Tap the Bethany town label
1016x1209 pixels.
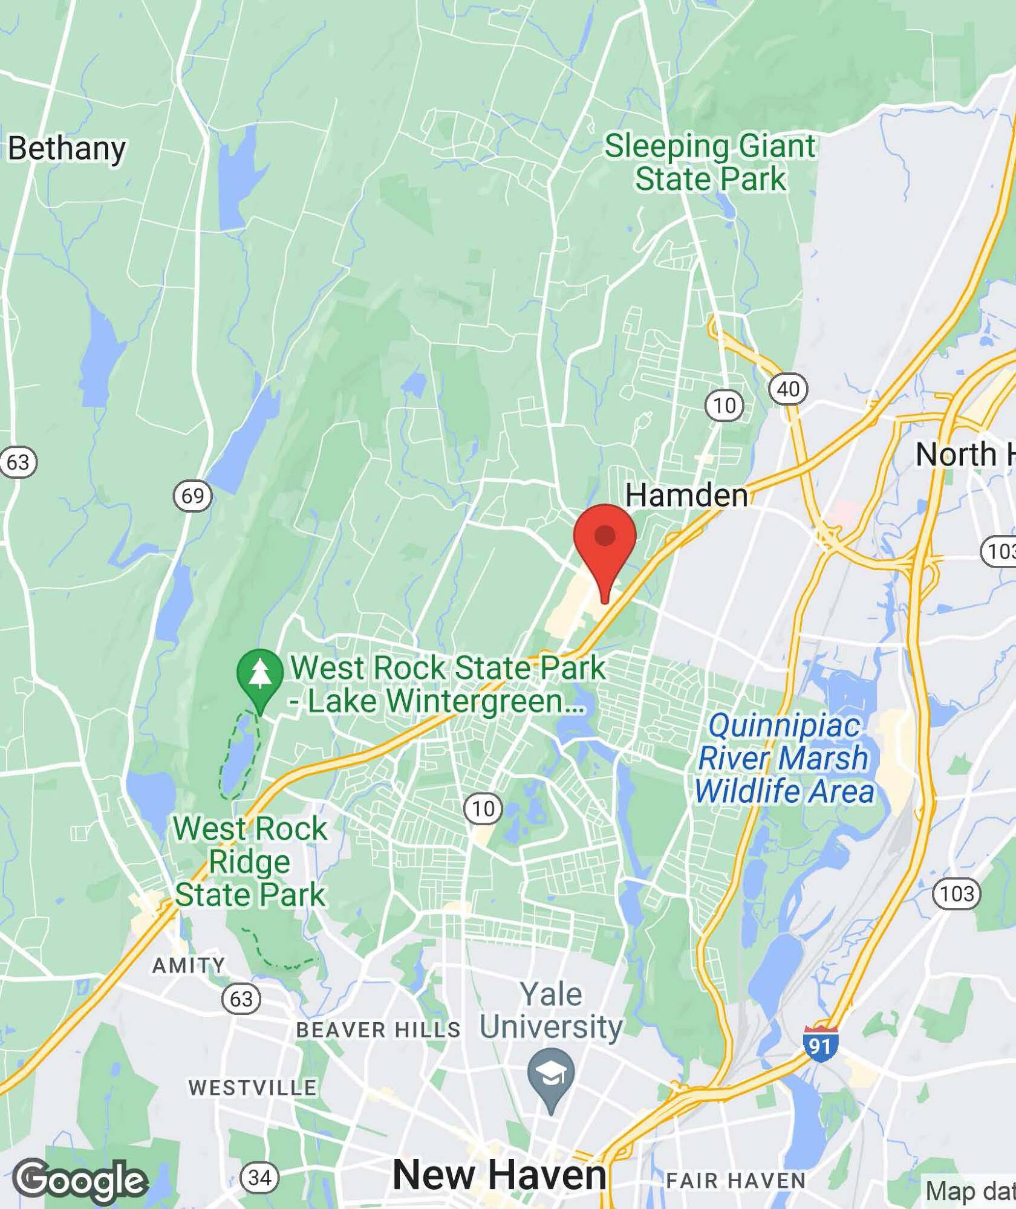(x=67, y=148)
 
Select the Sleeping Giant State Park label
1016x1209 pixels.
(x=710, y=163)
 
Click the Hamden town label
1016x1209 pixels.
(x=686, y=495)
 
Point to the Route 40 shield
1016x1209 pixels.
(x=788, y=389)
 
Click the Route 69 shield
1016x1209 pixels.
(x=193, y=496)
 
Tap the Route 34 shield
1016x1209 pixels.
(x=260, y=1177)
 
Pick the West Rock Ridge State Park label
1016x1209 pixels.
(x=250, y=861)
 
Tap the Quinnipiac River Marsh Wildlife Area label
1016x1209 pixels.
(x=784, y=758)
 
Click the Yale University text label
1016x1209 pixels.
(x=551, y=1010)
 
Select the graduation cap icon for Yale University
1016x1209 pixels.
(x=551, y=1073)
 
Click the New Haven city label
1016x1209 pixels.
(x=499, y=1175)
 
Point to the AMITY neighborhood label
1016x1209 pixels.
(x=188, y=965)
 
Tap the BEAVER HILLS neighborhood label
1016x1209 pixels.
(x=378, y=1029)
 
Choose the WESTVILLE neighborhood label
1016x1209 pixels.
(x=252, y=1087)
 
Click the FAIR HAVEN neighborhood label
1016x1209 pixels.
(x=736, y=1180)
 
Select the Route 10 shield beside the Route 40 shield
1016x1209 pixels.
(x=725, y=405)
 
